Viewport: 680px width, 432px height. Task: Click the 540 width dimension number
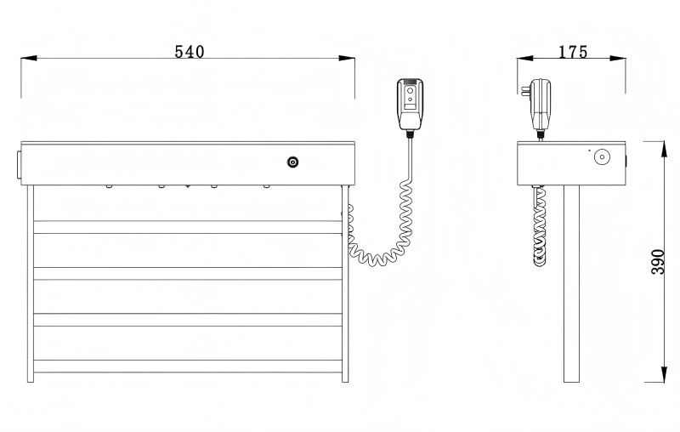[x=189, y=52]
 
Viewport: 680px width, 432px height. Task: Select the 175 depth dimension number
[x=573, y=52]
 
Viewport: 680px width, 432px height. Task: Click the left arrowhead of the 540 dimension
[x=28, y=59]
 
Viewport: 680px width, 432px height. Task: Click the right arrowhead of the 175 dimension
[x=620, y=59]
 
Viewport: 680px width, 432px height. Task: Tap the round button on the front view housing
[x=293, y=162]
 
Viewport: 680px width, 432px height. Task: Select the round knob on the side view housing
[x=603, y=157]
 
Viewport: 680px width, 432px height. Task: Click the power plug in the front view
[x=410, y=103]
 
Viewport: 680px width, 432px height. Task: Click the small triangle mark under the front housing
[x=187, y=186]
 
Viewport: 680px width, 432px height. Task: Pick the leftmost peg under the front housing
[x=109, y=186]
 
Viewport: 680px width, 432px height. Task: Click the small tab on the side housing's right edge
[x=627, y=160]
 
